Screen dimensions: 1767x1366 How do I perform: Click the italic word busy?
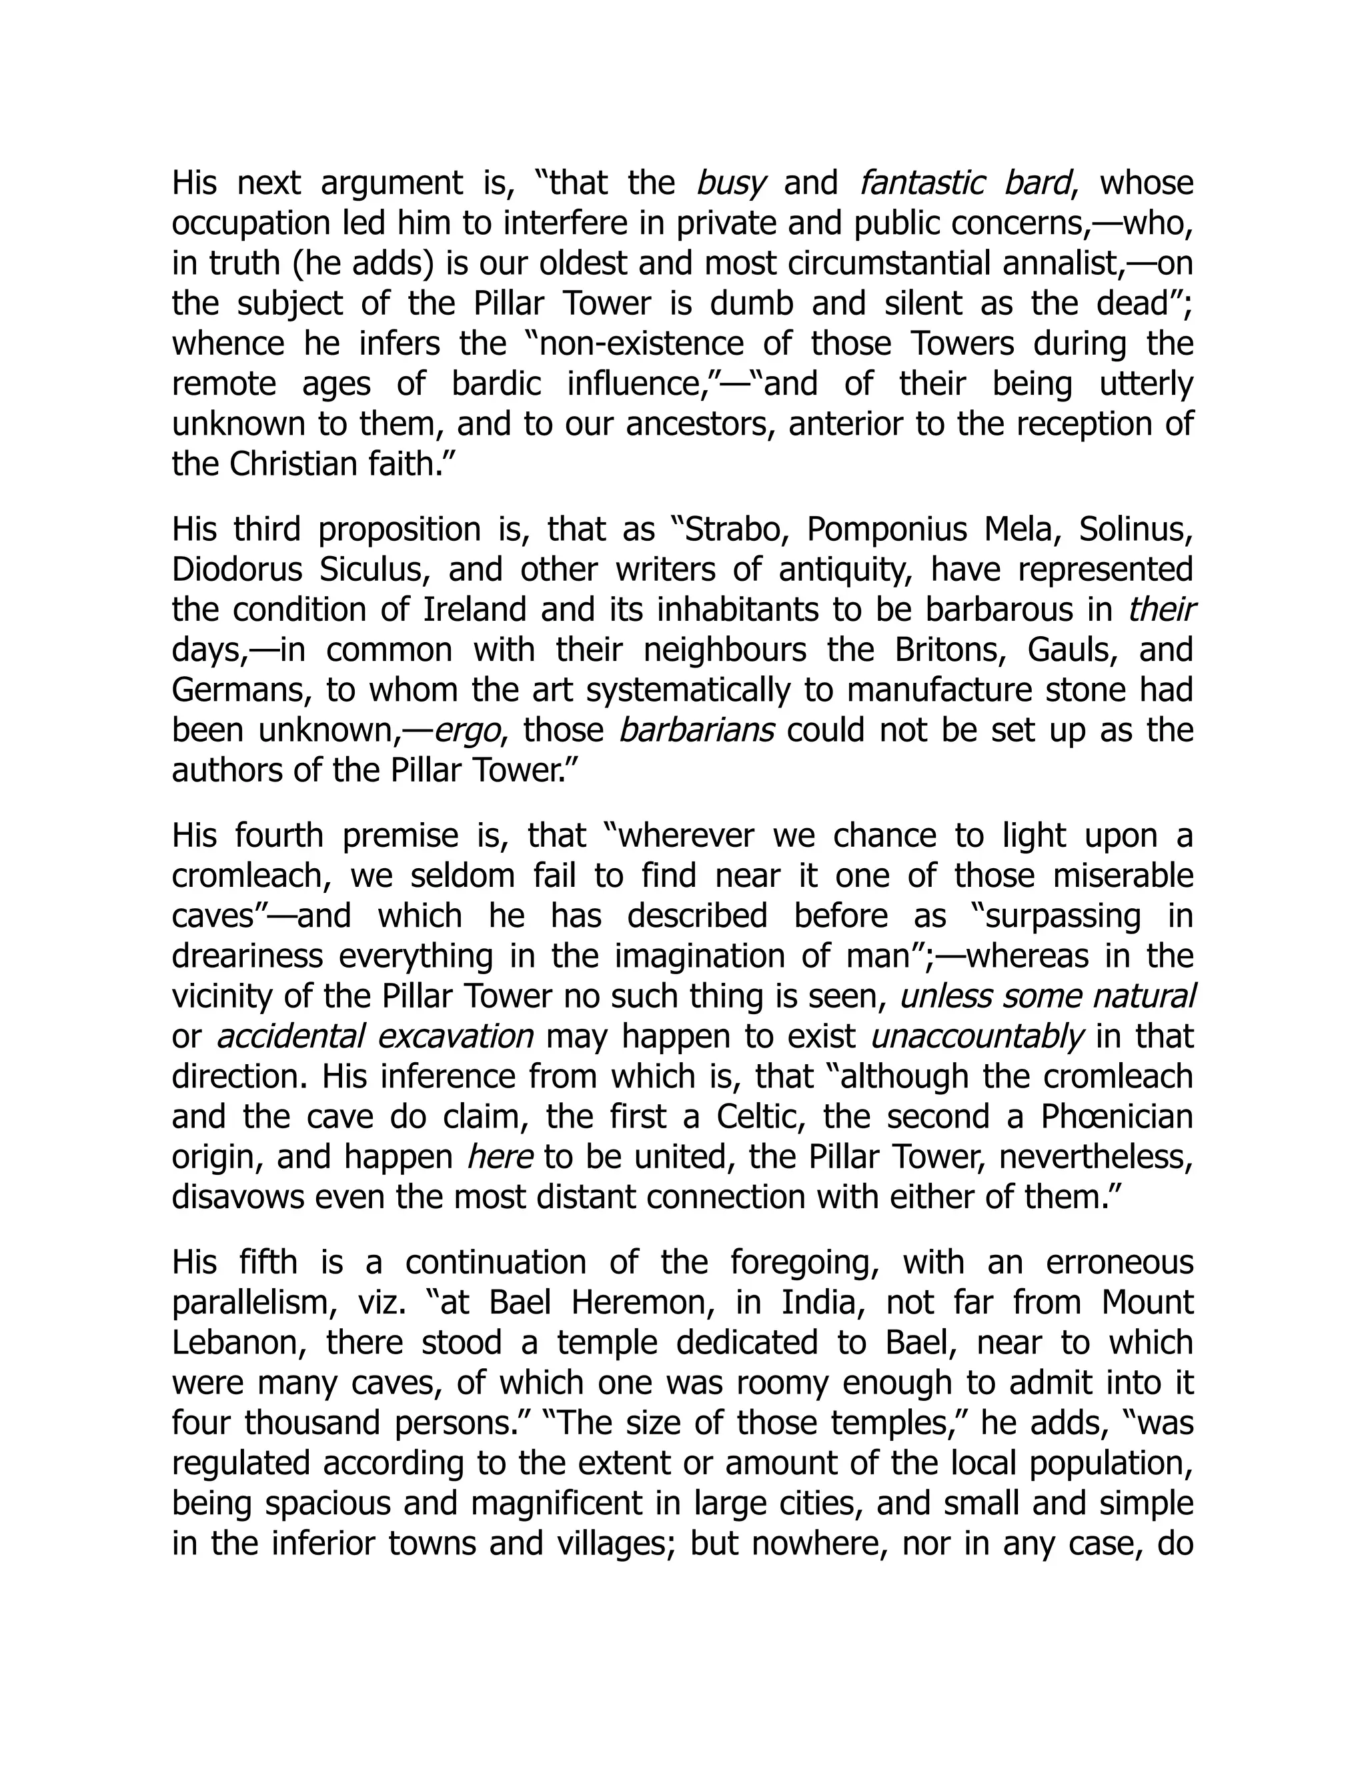coord(731,183)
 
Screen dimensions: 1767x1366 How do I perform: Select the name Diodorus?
coord(235,569)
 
